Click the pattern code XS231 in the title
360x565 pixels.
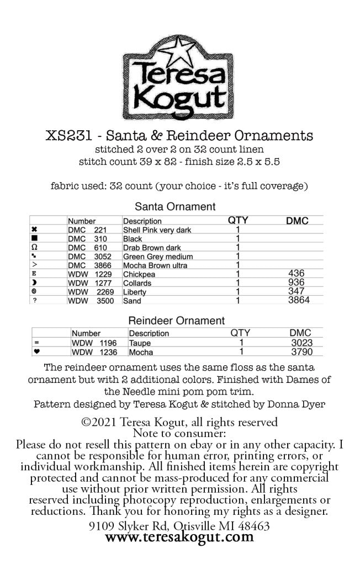65,135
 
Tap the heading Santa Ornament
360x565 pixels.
176,207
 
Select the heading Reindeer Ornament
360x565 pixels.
176,321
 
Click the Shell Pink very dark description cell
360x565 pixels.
157,230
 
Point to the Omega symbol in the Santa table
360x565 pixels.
35,248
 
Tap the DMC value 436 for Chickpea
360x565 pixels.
297,274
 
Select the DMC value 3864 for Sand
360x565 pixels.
298,300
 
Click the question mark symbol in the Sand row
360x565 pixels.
34,301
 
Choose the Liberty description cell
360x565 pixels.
135,292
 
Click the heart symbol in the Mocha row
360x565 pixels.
36,351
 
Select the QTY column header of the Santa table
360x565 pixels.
238,220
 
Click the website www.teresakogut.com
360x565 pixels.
179,537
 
